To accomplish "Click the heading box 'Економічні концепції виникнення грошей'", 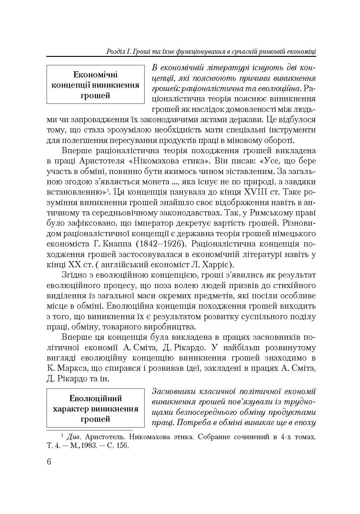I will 95,85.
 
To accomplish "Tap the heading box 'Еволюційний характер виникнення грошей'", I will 95,408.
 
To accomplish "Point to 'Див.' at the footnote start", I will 73,437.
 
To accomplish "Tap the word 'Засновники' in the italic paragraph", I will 173,392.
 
